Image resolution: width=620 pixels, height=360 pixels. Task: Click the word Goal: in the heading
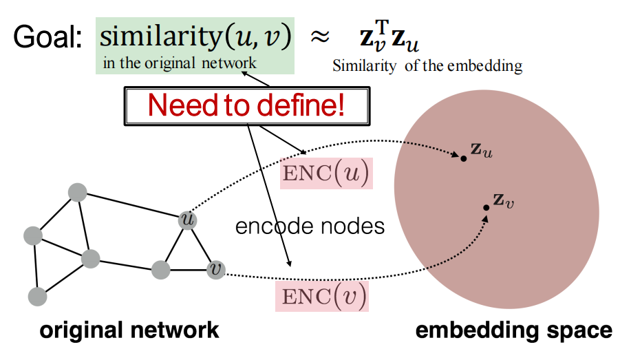[47, 34]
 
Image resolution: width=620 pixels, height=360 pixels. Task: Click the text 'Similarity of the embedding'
[427, 67]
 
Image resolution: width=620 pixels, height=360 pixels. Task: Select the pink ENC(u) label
[326, 173]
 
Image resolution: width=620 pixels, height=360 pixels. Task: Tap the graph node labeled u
[187, 219]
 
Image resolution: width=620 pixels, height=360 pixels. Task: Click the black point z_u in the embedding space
[464, 158]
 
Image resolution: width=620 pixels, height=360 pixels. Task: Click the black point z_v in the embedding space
[486, 207]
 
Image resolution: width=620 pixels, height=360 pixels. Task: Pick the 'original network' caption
[129, 330]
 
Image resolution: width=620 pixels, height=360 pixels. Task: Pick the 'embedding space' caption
[513, 330]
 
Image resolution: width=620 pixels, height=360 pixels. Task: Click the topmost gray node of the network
[77, 192]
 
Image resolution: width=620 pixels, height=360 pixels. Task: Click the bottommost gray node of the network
[38, 297]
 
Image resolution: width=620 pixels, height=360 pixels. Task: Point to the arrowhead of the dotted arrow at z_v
[487, 218]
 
